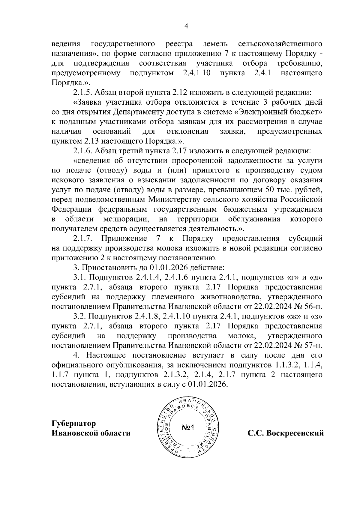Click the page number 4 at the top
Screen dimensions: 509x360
pos(186,26)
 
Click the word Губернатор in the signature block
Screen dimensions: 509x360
pos(74,423)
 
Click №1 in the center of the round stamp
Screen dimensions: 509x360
pos(188,427)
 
